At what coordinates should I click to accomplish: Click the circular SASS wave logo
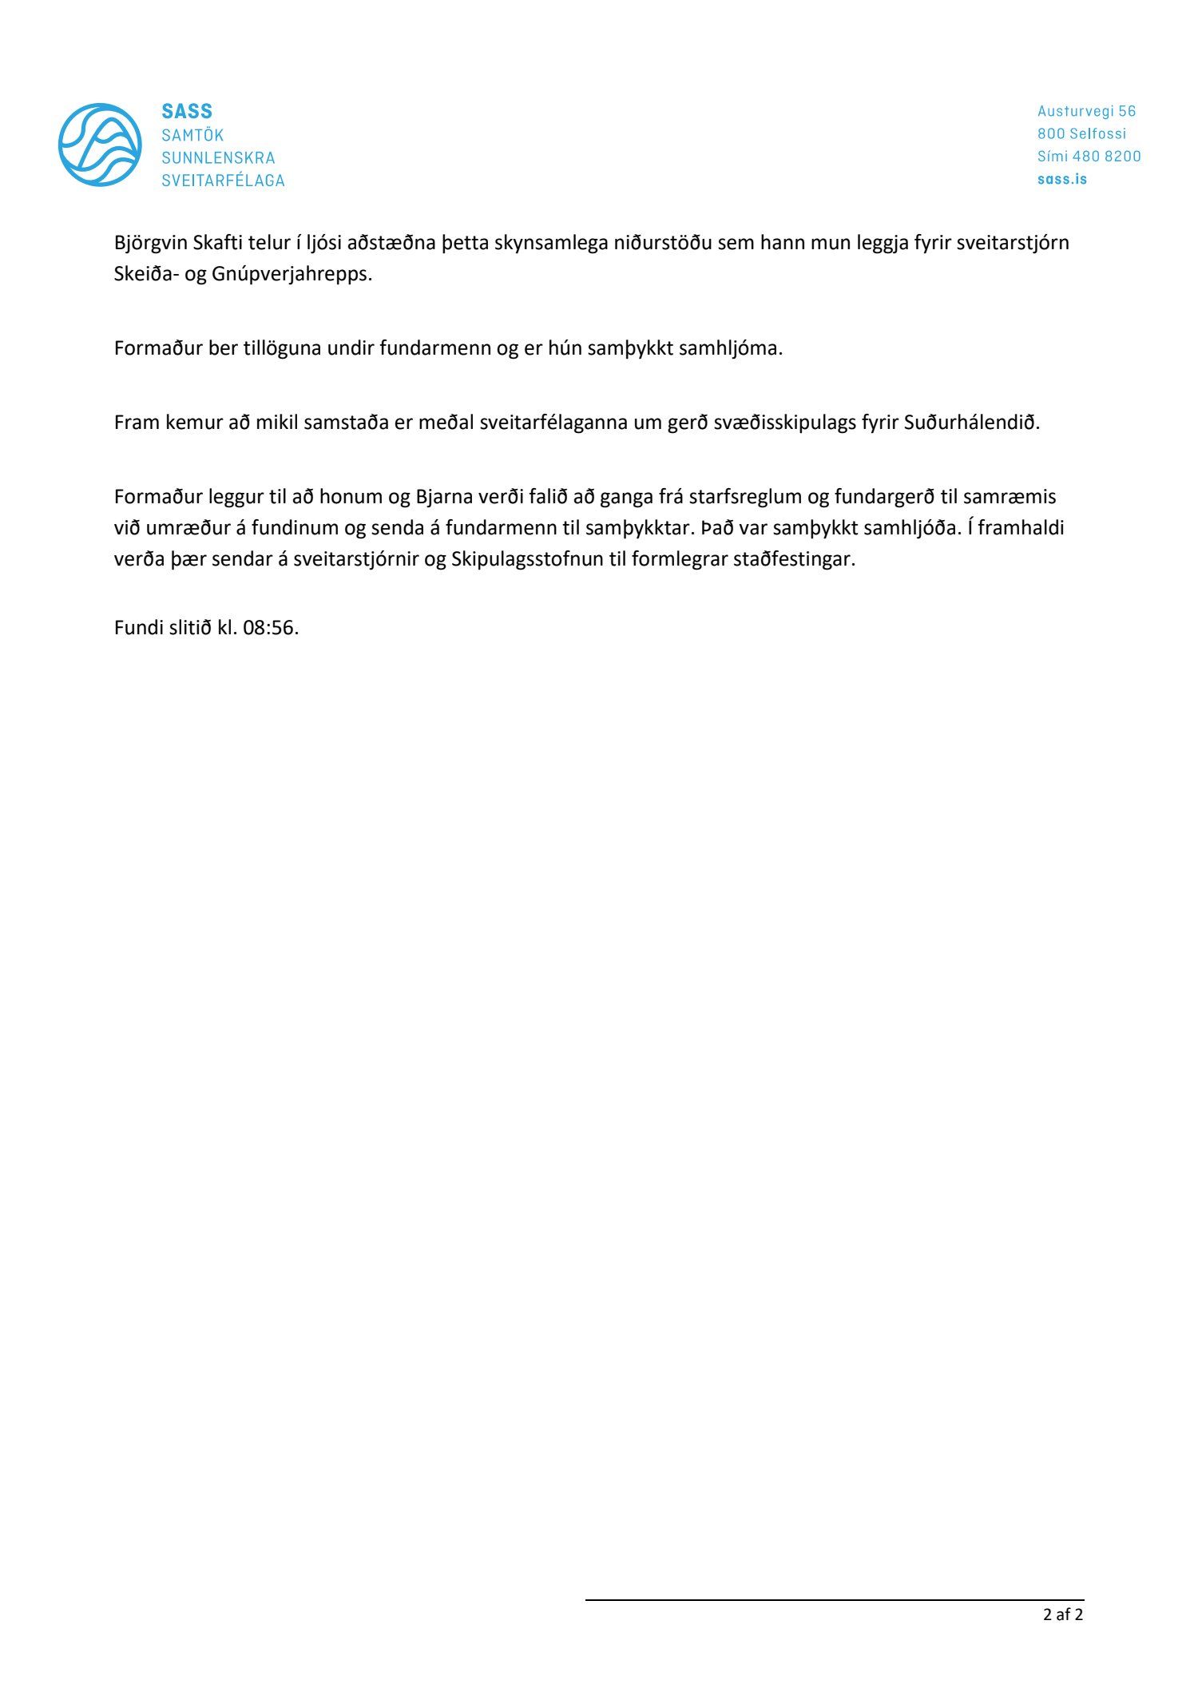100,145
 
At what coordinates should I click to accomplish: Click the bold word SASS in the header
187,111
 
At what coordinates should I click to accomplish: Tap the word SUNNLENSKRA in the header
218,157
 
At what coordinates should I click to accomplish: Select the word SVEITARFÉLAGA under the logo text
223,181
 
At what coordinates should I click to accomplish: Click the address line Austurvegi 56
1086,111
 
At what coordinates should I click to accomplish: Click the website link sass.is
1061,179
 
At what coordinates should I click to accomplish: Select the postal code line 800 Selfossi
1081,133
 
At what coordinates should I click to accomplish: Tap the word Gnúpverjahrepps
292,275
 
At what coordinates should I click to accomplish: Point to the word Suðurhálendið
972,423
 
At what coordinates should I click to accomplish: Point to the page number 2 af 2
1063,1615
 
